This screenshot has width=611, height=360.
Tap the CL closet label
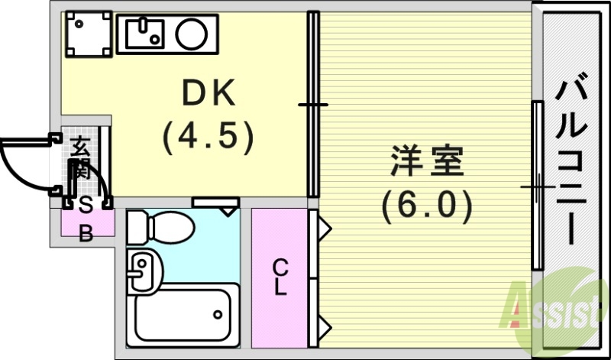(x=281, y=277)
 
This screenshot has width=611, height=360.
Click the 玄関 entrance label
(x=80, y=157)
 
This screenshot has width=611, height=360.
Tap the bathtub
(x=183, y=315)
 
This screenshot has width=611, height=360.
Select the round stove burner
(x=189, y=32)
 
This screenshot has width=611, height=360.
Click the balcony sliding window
(x=538, y=186)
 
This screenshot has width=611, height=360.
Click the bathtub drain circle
(x=218, y=314)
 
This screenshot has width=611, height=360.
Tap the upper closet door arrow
(x=323, y=228)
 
